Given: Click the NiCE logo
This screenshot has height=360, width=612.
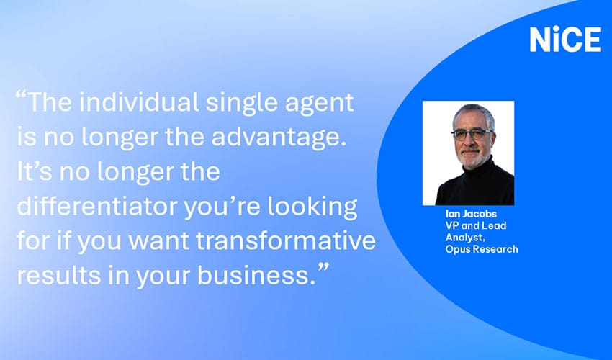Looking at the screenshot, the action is (565, 40).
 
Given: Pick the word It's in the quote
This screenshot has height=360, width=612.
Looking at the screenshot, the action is (35, 172).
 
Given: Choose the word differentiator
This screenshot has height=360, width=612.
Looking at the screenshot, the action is (97, 206).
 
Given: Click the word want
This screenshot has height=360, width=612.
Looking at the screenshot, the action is (159, 241).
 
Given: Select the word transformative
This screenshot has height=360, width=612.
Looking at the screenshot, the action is (286, 240).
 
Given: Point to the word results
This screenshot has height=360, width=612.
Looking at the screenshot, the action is (59, 275).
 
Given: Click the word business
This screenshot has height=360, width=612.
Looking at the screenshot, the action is (256, 275).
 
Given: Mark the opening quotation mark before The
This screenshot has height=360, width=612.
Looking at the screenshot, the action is (21, 94).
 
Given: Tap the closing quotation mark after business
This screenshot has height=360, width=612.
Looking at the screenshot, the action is (323, 267).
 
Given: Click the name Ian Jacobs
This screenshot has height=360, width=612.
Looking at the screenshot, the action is (471, 214).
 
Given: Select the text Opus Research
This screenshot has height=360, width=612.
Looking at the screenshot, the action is (482, 249).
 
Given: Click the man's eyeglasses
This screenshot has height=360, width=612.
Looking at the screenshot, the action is (472, 135).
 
